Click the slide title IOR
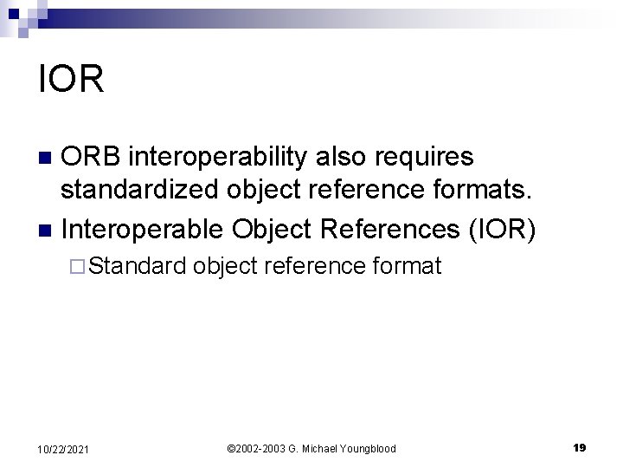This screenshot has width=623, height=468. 72,79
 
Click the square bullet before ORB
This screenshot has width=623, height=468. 48,158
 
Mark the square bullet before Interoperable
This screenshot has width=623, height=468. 48,230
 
